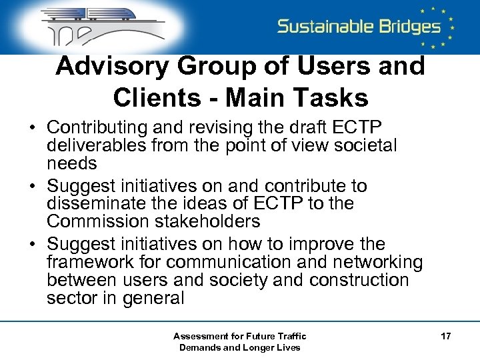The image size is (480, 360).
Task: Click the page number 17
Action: coord(445,337)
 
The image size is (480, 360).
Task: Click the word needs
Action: coord(72,163)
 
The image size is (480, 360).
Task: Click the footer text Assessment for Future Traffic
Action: coord(239,336)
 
